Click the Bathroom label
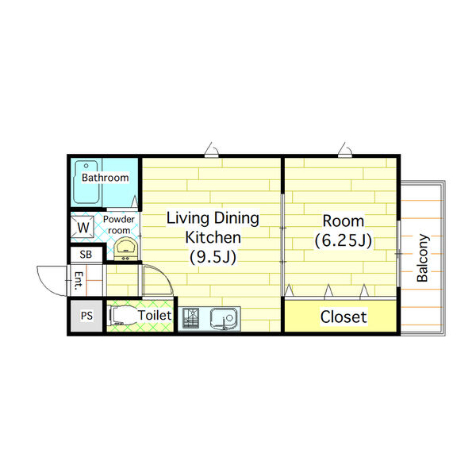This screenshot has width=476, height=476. coord(106,178)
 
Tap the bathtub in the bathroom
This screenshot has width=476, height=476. coord(86,182)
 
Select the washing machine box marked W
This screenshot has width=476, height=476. coord(83,227)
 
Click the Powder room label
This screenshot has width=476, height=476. coord(119,225)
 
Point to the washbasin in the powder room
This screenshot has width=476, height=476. coord(126,248)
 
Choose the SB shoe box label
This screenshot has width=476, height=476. coord(86,255)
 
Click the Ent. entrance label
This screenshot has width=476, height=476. coord(79,280)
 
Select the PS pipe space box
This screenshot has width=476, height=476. coord(86,316)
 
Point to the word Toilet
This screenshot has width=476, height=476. coord(155,316)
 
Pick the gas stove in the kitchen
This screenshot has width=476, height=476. coord(190,318)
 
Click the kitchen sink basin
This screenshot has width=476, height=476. coord(223,319)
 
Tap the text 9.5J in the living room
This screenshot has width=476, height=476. coord(213,257)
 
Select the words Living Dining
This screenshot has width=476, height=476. coord(213,218)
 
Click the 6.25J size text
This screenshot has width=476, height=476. coord(344,241)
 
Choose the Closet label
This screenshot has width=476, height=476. coord(344,317)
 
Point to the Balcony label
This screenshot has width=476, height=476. coord(423,258)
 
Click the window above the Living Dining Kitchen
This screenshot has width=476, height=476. coord(212,155)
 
